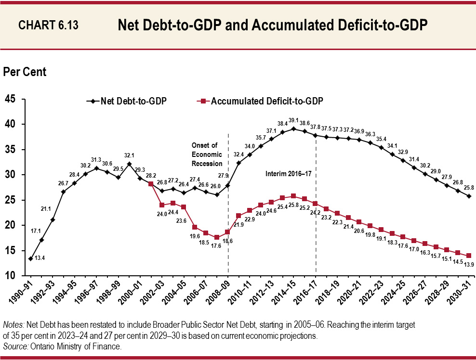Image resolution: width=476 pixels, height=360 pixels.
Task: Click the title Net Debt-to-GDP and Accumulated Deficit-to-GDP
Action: click(x=273, y=25)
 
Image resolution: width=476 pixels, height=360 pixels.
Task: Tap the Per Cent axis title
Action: click(x=25, y=72)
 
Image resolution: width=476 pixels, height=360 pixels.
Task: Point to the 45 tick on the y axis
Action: click(x=10, y=99)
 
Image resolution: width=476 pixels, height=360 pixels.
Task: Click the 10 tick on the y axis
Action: click(x=10, y=275)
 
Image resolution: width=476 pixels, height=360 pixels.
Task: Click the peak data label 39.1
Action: click(x=293, y=120)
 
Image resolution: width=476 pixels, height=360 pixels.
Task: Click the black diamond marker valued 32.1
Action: click(x=129, y=164)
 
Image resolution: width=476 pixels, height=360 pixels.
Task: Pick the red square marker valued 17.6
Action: click(x=217, y=237)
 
